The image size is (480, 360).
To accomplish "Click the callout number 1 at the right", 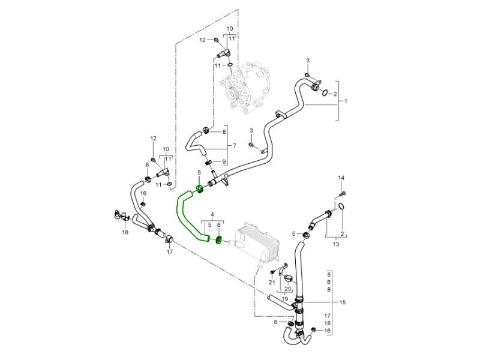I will click(346, 101).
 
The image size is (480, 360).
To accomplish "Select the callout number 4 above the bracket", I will click(212, 214).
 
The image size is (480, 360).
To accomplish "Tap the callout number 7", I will click(235, 146).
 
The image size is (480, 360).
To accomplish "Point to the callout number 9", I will click(224, 161).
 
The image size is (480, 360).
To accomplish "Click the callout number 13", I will click(335, 244).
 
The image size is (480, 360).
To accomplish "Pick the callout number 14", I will click(341, 178).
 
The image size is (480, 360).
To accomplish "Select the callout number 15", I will click(343, 302).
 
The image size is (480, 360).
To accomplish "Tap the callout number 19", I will click(284, 298).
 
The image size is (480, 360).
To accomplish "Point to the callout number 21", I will click(271, 282).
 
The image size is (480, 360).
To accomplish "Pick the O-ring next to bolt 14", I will click(341, 207).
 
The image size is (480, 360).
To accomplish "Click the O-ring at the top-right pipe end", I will click(323, 93).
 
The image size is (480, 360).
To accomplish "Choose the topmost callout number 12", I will click(202, 40).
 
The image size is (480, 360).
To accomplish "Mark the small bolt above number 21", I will click(272, 273).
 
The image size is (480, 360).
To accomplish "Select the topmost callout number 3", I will click(308, 61).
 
